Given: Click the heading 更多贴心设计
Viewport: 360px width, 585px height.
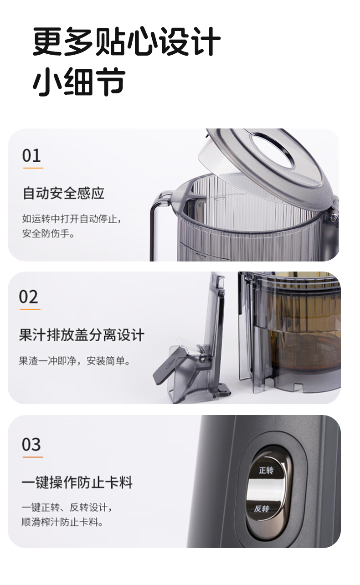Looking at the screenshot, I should point(126,42).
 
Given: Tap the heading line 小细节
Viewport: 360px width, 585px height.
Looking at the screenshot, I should point(79,82).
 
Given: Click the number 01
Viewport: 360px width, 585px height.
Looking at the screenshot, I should point(31,156).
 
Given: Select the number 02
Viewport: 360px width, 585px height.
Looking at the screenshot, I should point(29,297).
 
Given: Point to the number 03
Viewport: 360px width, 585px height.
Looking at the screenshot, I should point(31,445).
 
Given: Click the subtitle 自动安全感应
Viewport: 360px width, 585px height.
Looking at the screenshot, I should point(63,193).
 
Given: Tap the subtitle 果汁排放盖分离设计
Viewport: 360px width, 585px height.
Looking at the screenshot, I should point(82,335).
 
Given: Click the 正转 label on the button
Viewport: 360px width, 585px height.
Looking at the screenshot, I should point(266,470).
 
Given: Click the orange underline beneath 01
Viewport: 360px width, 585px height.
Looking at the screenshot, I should point(33,168).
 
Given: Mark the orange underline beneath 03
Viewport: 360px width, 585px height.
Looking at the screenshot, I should point(32,457).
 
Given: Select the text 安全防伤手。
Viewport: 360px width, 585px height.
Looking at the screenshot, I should point(48,234).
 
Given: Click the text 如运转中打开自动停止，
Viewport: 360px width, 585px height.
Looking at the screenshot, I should point(72,219).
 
